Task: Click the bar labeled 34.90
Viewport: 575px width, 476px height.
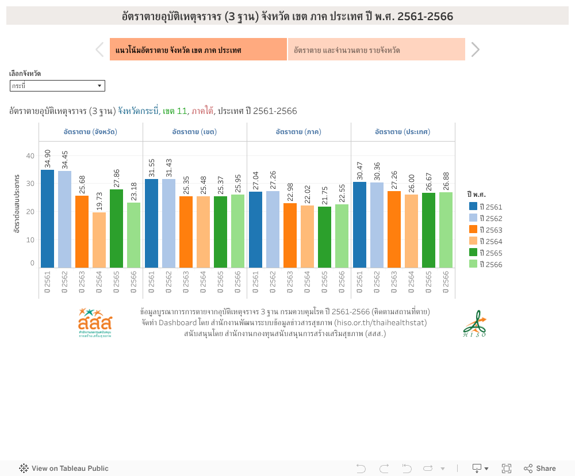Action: (x=47, y=219)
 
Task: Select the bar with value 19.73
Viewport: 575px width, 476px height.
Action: (x=99, y=240)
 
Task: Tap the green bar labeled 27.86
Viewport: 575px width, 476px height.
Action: (x=116, y=229)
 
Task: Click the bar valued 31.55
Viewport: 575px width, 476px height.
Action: (x=151, y=223)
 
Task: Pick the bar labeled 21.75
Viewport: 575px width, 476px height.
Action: (x=324, y=237)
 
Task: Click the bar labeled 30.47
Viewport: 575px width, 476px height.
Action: (x=359, y=224)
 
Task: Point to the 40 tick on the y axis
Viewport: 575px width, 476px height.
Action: (x=30, y=155)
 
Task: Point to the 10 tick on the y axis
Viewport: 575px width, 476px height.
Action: (x=30, y=239)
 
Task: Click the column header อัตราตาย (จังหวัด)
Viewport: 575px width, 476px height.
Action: (x=91, y=132)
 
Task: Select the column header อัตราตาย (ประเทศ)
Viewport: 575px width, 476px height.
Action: (x=402, y=132)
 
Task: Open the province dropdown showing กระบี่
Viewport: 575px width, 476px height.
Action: (x=57, y=86)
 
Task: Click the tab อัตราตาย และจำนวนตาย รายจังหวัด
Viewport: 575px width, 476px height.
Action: (x=376, y=50)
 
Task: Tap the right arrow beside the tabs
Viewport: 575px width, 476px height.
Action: (x=475, y=50)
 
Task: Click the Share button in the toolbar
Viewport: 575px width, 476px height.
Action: (x=539, y=469)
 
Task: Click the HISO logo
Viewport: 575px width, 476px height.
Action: (x=474, y=324)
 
